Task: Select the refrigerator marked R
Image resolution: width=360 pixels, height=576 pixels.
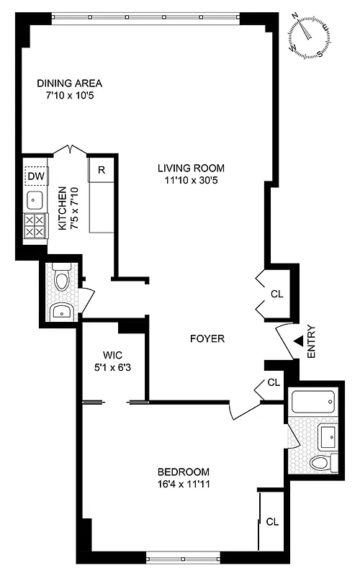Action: tap(102, 171)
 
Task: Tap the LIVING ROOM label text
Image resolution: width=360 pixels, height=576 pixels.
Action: tap(188, 168)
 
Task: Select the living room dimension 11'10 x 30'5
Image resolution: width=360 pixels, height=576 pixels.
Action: tap(188, 181)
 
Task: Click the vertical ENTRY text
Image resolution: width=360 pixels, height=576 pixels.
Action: tap(311, 343)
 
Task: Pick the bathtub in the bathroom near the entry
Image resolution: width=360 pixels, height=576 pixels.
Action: tap(312, 401)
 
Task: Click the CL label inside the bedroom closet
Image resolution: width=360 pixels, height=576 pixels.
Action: tap(272, 521)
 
